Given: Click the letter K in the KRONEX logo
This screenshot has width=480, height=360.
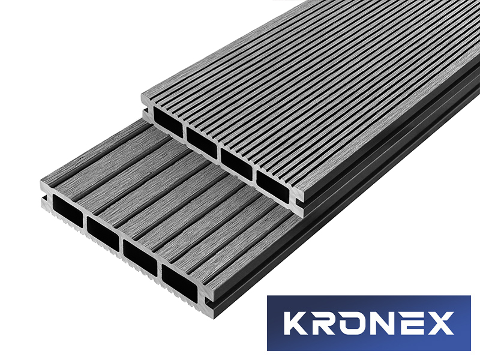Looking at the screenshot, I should pos(298,323).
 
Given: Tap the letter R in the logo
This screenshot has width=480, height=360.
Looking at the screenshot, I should pos(327,323).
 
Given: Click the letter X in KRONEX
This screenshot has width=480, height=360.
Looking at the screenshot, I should pos(442,323).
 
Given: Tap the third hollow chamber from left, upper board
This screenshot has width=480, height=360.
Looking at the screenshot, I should pos(238,157).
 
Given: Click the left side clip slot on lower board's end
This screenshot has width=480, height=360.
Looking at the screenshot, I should pos(43,196).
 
